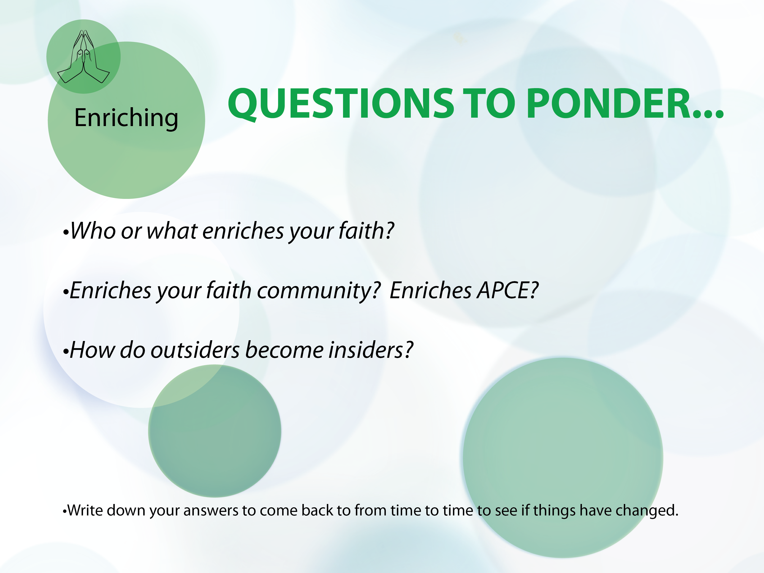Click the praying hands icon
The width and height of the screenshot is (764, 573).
click(x=83, y=57)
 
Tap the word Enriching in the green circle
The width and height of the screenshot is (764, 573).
click(x=126, y=118)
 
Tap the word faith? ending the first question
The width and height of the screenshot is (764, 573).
click(x=366, y=231)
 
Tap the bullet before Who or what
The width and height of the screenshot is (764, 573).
click(x=66, y=233)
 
